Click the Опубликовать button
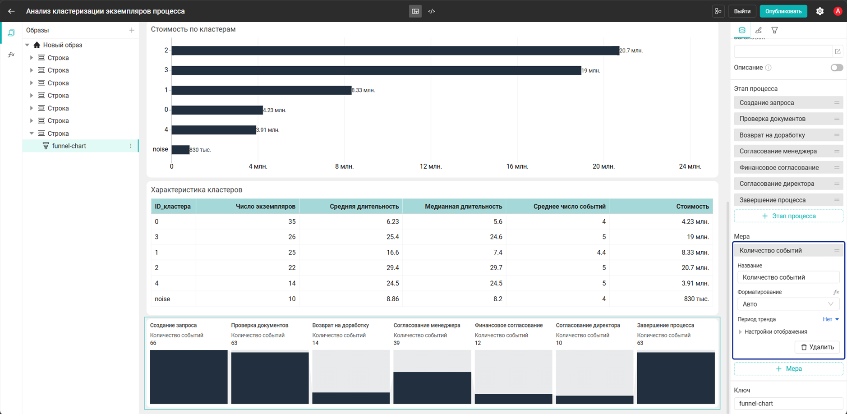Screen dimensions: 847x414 (x=783, y=11)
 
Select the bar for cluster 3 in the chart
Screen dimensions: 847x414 (x=376, y=70)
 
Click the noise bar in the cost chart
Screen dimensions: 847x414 (x=180, y=150)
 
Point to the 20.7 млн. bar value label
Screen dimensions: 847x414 (x=631, y=51)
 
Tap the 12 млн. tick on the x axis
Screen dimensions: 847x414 (x=431, y=166)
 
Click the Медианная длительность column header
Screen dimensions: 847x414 (x=463, y=207)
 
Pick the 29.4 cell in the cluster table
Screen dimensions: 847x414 (x=392, y=268)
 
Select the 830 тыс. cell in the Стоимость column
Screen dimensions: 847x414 (x=696, y=299)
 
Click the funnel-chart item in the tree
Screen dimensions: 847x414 (x=69, y=146)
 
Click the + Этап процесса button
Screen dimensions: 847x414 (x=788, y=216)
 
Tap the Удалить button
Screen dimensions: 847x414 (x=817, y=347)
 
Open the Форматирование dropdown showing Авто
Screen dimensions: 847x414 (x=788, y=304)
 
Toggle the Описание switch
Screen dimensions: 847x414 (x=837, y=68)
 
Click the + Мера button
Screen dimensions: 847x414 (x=788, y=369)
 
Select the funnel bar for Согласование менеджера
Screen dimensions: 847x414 (x=432, y=388)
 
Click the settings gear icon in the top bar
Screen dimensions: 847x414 (x=820, y=11)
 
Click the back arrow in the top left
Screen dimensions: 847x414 (x=11, y=11)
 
